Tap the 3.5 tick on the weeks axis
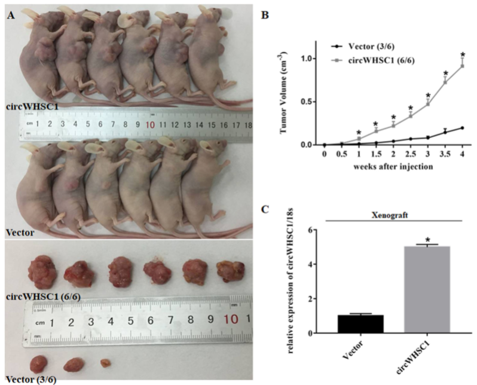[x=445, y=154]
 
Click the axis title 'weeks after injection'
[x=393, y=165]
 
